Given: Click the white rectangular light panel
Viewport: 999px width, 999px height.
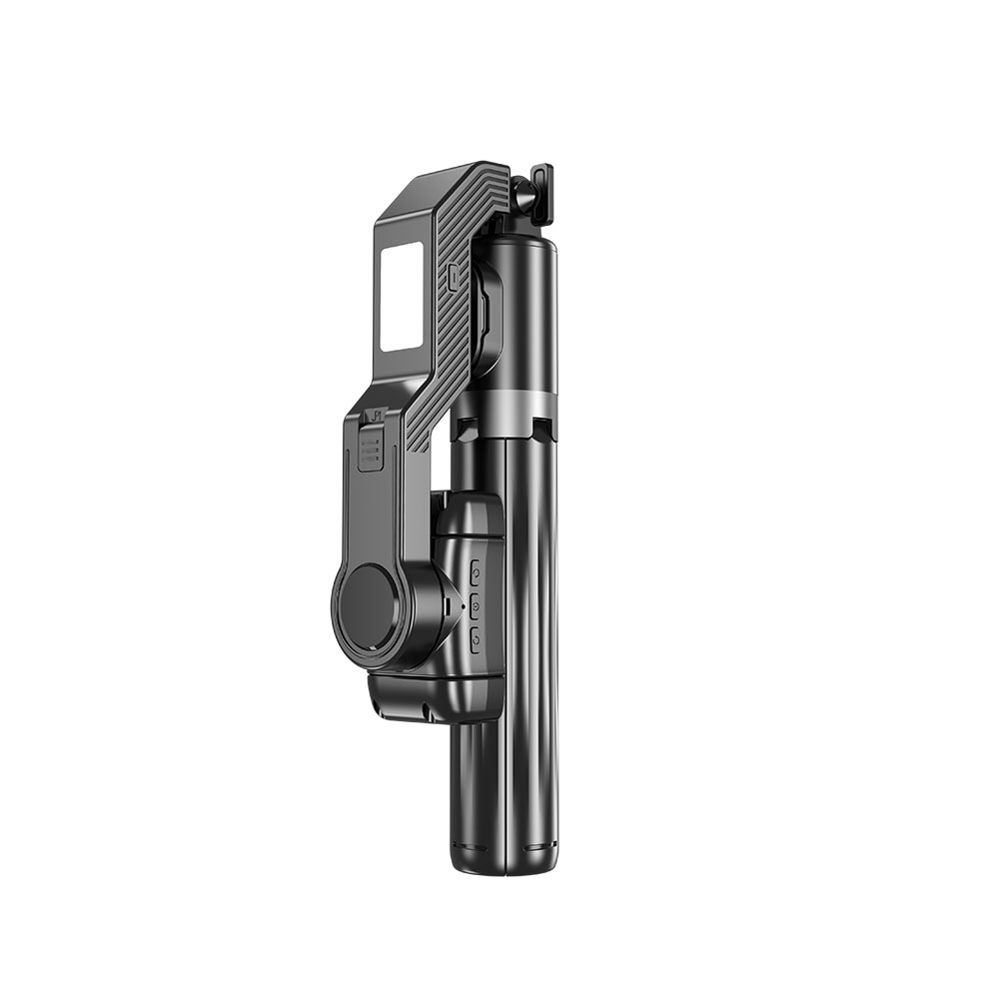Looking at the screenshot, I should click(401, 299).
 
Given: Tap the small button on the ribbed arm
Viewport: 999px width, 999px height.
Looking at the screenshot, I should click(455, 273).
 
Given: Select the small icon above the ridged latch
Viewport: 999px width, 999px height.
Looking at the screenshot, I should click(377, 417).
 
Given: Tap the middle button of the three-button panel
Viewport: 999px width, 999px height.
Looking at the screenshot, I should click(476, 605).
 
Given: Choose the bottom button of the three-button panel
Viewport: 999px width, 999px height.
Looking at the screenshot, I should click(476, 638).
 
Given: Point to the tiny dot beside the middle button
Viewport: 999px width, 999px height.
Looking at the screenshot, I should click(463, 606).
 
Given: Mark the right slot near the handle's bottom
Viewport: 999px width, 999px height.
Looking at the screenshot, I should click(540, 848).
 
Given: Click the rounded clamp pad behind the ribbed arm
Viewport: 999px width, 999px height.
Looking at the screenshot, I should click(488, 310).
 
